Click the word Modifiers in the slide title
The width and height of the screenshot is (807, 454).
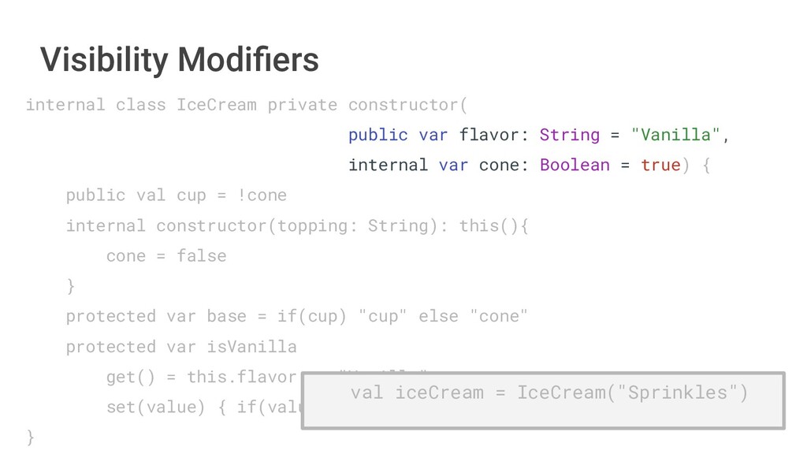pyautogui.click(x=248, y=59)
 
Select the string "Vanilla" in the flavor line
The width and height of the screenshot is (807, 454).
pyautogui.click(x=676, y=135)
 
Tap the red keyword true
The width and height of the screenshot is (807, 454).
pyautogui.click(x=660, y=166)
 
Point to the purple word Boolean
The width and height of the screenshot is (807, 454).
pyautogui.click(x=575, y=166)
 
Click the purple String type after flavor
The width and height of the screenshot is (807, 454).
pyautogui.click(x=569, y=135)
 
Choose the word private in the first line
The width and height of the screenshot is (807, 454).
pyautogui.click(x=302, y=105)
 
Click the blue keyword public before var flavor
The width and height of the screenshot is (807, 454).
pyautogui.click(x=377, y=135)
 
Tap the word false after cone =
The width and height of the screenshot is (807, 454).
pyautogui.click(x=201, y=256)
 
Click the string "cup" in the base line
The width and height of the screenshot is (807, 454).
pyautogui.click(x=383, y=316)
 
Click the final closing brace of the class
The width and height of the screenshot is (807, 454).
pyautogui.click(x=31, y=437)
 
